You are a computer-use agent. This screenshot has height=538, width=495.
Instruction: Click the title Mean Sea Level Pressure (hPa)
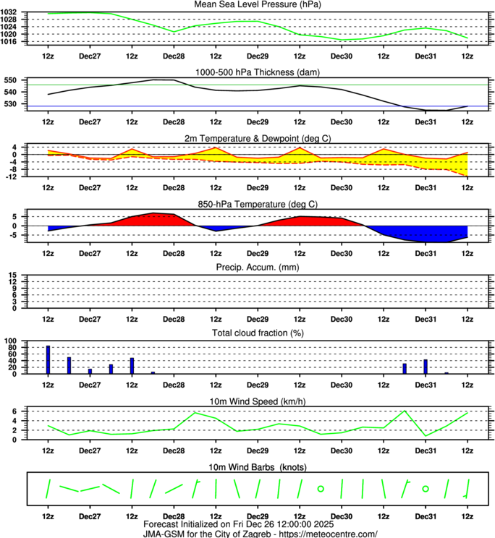(x=247, y=4)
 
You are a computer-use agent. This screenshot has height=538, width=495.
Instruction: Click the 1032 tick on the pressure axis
(x=12, y=13)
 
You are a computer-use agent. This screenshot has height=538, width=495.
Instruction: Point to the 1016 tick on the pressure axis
(x=12, y=41)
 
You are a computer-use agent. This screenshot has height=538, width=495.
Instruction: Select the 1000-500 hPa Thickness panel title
(x=247, y=72)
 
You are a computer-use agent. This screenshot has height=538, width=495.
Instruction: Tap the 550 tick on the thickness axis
(x=14, y=80)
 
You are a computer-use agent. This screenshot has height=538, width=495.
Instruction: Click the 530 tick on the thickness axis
(x=14, y=105)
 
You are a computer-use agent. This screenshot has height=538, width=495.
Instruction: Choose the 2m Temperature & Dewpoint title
(x=247, y=138)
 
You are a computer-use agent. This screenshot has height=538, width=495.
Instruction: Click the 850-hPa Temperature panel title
(x=247, y=203)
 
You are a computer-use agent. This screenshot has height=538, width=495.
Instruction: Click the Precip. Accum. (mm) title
(x=247, y=268)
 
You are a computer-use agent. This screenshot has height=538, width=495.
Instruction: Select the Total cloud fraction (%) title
(x=247, y=333)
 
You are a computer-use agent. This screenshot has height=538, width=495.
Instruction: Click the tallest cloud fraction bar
(x=48, y=359)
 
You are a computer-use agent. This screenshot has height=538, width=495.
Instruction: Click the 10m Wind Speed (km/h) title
(x=247, y=399)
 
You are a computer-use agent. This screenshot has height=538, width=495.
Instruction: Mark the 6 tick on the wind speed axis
(x=18, y=411)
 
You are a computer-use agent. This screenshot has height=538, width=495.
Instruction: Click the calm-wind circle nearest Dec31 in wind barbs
(x=426, y=490)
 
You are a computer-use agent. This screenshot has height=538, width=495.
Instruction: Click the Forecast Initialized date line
(x=247, y=524)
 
